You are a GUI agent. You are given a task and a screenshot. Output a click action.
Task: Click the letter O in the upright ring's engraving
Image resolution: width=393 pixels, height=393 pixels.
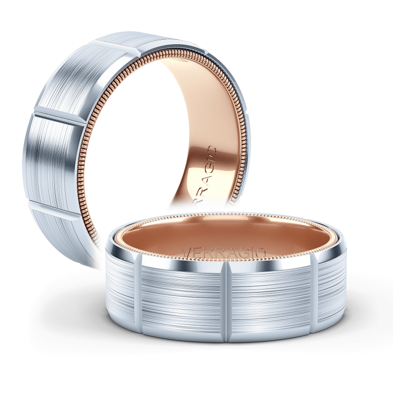pos(212,149)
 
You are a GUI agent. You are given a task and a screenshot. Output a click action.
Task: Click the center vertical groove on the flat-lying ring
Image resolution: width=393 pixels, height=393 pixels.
pos(227,301)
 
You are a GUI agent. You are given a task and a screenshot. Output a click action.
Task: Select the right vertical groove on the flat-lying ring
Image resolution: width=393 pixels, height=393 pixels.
pos(315,288)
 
